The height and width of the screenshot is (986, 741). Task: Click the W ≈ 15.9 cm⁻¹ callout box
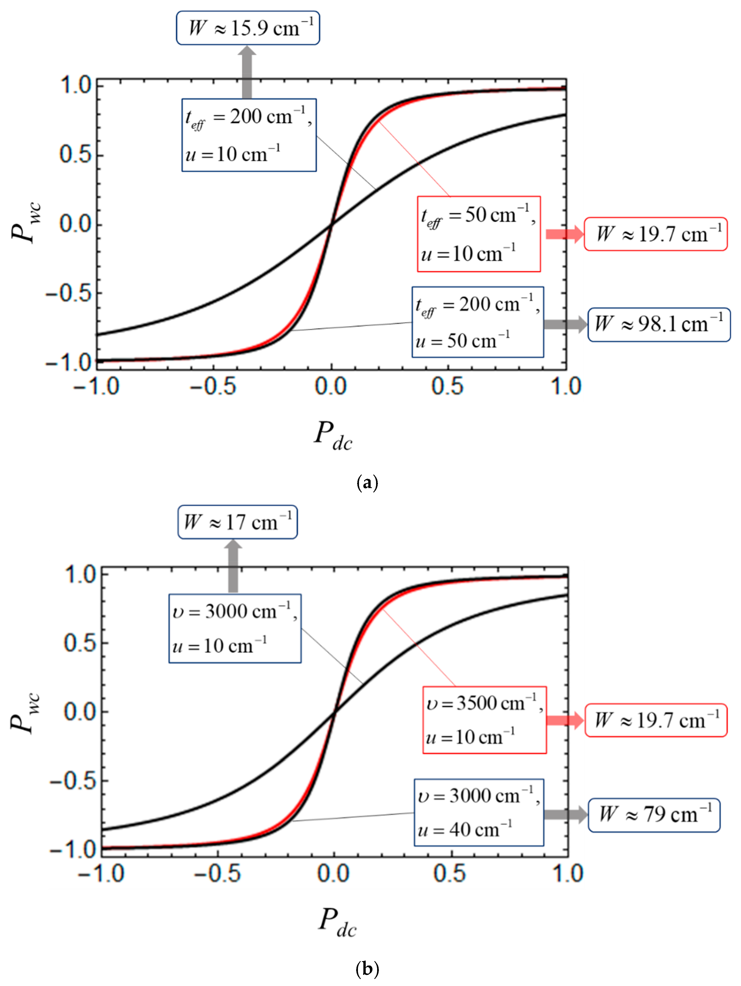[248, 28]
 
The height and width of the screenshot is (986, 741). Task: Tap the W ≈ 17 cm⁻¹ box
[237, 522]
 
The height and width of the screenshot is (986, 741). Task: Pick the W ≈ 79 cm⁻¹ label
[654, 815]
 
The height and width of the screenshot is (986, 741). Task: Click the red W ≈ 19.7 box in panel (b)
[656, 720]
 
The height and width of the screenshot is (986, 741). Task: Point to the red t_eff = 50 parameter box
[478, 234]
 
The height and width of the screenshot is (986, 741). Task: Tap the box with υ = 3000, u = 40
[479, 812]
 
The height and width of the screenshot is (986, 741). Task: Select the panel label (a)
[367, 483]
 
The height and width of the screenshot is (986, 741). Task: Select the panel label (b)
[367, 968]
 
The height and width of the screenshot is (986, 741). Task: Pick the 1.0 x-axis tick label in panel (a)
[566, 386]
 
